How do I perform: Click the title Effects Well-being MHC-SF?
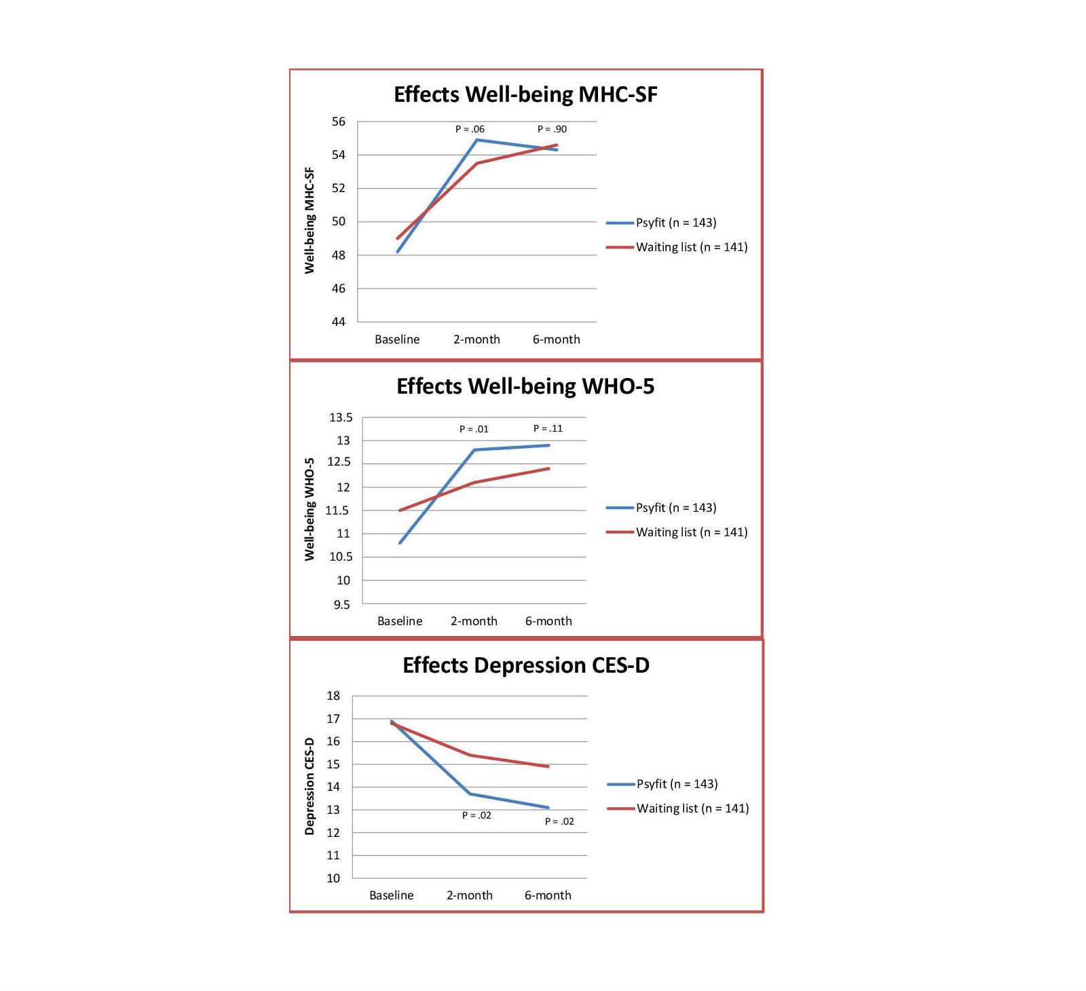525,94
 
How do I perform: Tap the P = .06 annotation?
470,129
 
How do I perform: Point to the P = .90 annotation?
552,129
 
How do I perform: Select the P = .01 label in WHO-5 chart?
474,429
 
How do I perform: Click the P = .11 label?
548,428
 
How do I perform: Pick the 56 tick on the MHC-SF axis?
338,121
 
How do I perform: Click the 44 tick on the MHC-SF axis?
338,322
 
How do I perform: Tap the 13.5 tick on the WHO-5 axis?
341,417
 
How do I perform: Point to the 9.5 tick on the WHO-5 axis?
342,604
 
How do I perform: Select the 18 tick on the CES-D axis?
333,696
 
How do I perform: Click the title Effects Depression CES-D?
526,665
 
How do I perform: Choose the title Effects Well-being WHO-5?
525,386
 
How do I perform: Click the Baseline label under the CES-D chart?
391,895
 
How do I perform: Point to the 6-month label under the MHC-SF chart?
556,339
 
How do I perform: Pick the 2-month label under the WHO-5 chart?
474,621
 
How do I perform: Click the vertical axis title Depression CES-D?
310,786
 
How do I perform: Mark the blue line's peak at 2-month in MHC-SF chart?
477,140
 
